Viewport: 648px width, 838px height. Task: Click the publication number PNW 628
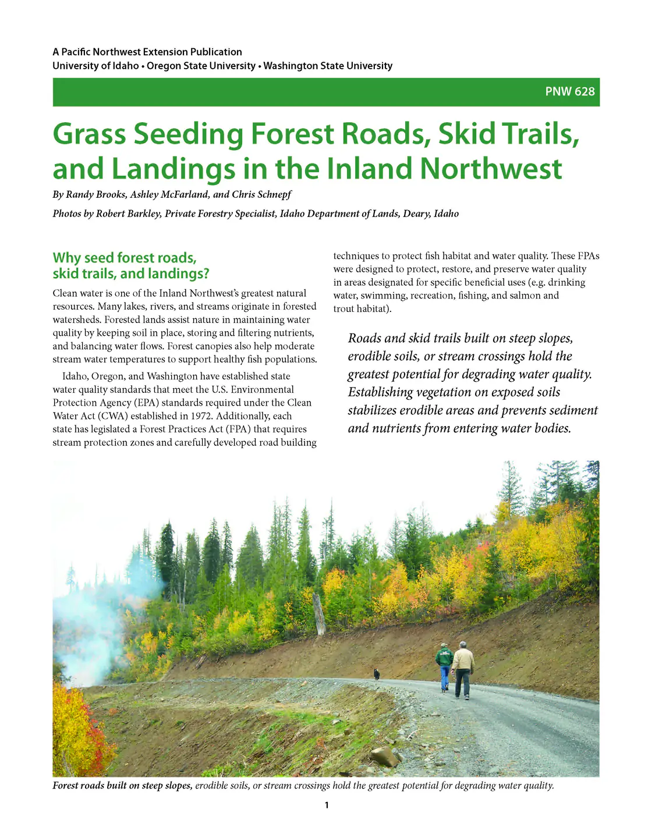569,92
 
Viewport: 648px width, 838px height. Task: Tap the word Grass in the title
89,134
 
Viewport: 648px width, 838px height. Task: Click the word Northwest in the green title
491,169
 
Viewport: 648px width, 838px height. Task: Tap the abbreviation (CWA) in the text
112,416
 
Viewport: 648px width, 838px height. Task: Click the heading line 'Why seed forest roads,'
125,258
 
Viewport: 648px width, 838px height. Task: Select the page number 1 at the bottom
326,805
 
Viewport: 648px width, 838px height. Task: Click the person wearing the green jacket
444,666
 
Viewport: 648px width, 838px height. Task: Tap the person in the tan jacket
463,669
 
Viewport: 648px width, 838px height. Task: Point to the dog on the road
377,674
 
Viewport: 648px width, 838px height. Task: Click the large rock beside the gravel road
385,756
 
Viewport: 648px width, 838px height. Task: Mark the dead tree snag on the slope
319,614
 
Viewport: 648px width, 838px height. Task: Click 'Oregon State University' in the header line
201,66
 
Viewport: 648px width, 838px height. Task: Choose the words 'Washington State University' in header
328,66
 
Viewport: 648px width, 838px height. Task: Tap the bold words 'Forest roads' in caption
79,786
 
